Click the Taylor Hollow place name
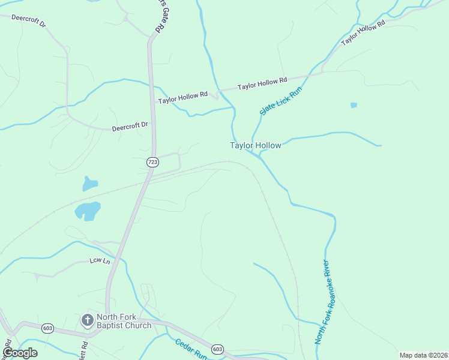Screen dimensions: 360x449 pyautogui.click(x=255, y=145)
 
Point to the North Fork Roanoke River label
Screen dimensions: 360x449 pyautogui.click(x=322, y=302)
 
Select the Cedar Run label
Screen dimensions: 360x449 pyautogui.click(x=191, y=349)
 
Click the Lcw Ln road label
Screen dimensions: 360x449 pyautogui.click(x=100, y=260)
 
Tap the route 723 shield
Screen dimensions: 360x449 pyautogui.click(x=152, y=162)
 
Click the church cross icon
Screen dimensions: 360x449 pyautogui.click(x=87, y=320)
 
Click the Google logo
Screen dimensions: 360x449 pyautogui.click(x=20, y=353)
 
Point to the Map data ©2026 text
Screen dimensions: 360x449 pyautogui.click(x=424, y=355)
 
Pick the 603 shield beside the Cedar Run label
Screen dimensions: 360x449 pyautogui.click(x=217, y=349)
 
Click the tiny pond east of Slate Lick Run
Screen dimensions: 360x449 pyautogui.click(x=354, y=105)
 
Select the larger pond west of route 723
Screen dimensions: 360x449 pyautogui.click(x=87, y=211)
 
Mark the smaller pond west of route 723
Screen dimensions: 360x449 pyautogui.click(x=89, y=184)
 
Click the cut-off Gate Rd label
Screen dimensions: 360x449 pyautogui.click(x=160, y=17)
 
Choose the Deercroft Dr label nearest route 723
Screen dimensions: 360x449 pyautogui.click(x=130, y=126)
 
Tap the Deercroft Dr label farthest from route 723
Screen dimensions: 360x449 pyautogui.click(x=29, y=22)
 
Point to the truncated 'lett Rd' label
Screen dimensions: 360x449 pyautogui.click(x=83, y=349)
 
